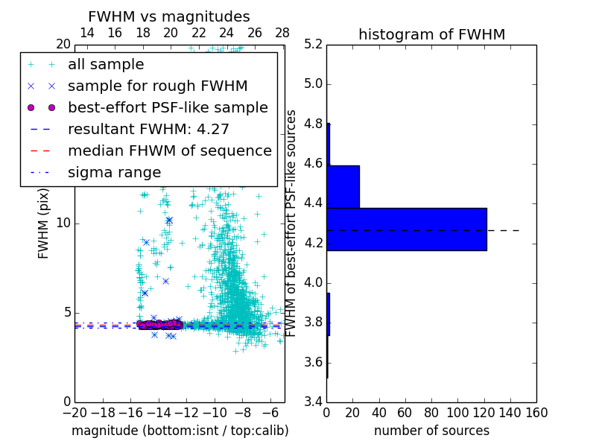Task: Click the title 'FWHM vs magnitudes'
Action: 169,17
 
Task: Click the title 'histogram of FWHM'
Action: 431,34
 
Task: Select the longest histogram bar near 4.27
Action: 406,229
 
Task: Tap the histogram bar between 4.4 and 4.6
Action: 343,186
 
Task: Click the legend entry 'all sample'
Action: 106,65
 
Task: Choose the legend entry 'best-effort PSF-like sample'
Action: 168,107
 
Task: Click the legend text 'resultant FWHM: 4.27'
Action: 148,129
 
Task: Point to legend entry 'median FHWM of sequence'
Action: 169,150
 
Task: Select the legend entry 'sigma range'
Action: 114,172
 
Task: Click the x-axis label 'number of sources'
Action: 431,431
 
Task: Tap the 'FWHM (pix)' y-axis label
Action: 44,223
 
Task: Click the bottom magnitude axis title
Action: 180,431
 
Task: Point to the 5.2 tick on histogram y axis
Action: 312,44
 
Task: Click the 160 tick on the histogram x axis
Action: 536,412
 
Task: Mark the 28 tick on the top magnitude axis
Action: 282,33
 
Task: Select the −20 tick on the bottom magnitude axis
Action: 73,412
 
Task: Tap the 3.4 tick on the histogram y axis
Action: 312,402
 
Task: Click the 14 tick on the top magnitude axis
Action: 86,33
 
